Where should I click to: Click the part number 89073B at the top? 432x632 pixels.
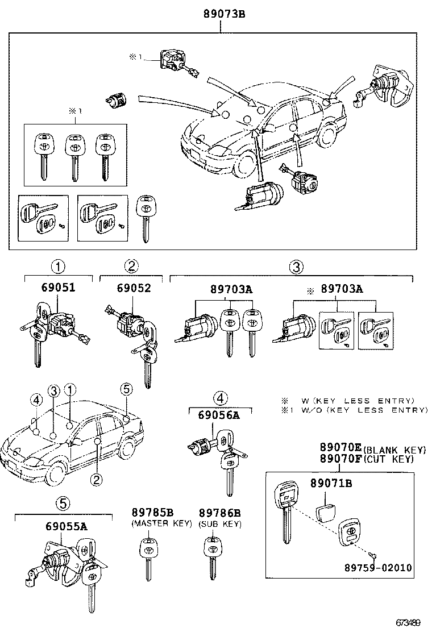click(219, 14)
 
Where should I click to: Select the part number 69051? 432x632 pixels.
click(58, 288)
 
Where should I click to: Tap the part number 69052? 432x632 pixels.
click(135, 288)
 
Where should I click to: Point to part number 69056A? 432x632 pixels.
click(219, 415)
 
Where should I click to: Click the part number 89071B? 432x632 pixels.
click(331, 484)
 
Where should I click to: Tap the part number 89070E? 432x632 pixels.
click(340, 447)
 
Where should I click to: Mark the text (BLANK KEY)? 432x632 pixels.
click(390, 448)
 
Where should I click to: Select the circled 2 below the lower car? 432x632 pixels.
click(97, 480)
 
